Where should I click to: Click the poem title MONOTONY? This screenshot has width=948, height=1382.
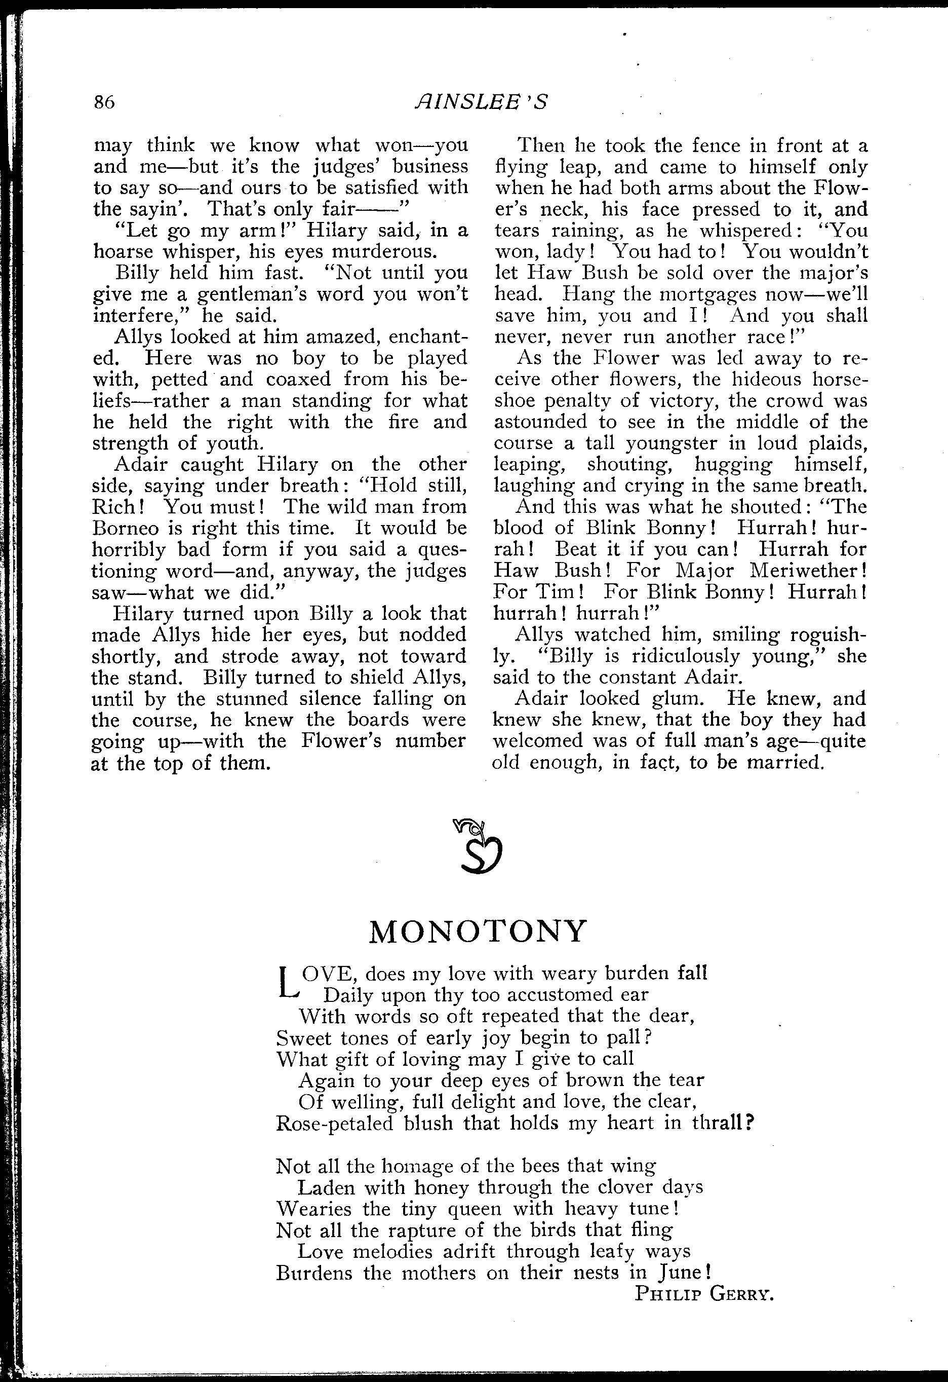[478, 932]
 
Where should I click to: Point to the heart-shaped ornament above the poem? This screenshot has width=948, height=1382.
[480, 847]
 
